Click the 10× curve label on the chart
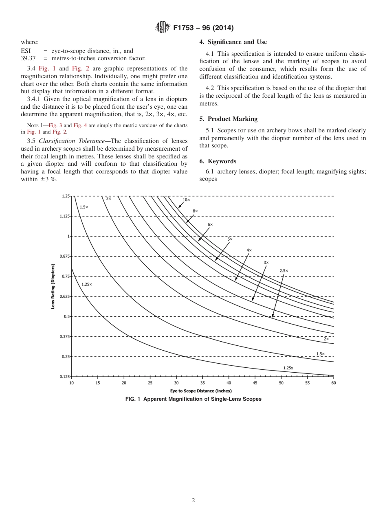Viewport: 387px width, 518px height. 186,200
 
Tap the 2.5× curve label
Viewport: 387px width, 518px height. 284,270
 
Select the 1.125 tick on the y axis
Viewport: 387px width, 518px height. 65,216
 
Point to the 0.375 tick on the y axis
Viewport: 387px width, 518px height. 65,336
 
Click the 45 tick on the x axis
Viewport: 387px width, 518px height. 255,383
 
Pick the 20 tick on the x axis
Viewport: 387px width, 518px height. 124,383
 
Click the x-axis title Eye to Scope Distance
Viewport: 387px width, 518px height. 202,391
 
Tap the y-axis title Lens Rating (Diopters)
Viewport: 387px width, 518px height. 53,286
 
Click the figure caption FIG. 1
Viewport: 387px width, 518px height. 193,399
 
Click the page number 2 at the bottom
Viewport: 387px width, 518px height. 193,500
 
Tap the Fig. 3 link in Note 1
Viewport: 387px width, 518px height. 55,125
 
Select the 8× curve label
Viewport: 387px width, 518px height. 195,211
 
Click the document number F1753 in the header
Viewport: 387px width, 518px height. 185,28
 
